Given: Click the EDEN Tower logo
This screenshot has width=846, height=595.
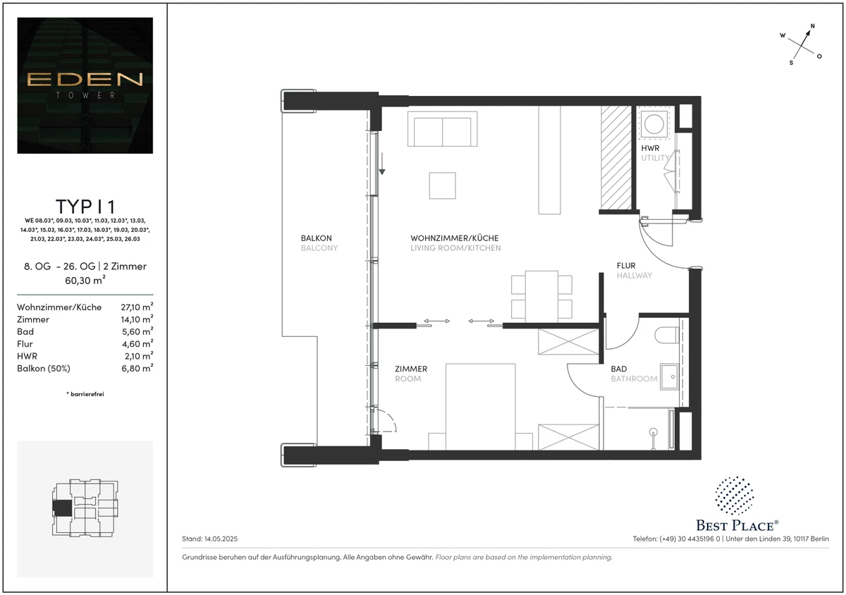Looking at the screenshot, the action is click(85, 85).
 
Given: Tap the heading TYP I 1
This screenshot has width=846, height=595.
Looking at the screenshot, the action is click(85, 207).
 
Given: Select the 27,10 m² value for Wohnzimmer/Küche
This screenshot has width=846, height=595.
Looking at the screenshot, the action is click(137, 307).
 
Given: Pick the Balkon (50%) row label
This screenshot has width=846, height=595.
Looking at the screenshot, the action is click(44, 368).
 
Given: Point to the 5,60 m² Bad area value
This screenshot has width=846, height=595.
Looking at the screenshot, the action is click(137, 331).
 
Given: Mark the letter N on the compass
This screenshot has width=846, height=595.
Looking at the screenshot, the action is click(813, 26).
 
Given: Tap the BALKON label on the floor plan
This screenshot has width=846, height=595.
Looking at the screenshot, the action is click(316, 238).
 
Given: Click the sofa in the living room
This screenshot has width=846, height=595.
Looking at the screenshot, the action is click(442, 129).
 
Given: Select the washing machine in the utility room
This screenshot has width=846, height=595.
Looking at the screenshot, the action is click(654, 124).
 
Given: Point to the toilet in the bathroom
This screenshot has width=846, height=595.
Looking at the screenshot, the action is click(667, 335).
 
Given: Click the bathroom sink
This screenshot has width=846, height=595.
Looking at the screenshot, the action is click(669, 376).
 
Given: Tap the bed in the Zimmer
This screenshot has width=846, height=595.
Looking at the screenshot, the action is click(480, 407).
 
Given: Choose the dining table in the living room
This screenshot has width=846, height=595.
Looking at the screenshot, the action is click(541, 297).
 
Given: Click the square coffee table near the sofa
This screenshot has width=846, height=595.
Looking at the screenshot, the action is click(442, 185).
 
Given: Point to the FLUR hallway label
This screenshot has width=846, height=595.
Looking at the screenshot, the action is click(626, 266).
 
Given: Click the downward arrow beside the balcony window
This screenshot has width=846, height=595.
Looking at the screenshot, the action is click(382, 164).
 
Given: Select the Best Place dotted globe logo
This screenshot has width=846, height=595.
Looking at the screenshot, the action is click(734, 496).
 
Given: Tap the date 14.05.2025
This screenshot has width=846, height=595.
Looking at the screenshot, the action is click(221, 539).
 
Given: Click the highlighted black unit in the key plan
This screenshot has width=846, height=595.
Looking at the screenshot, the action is click(62, 508).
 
